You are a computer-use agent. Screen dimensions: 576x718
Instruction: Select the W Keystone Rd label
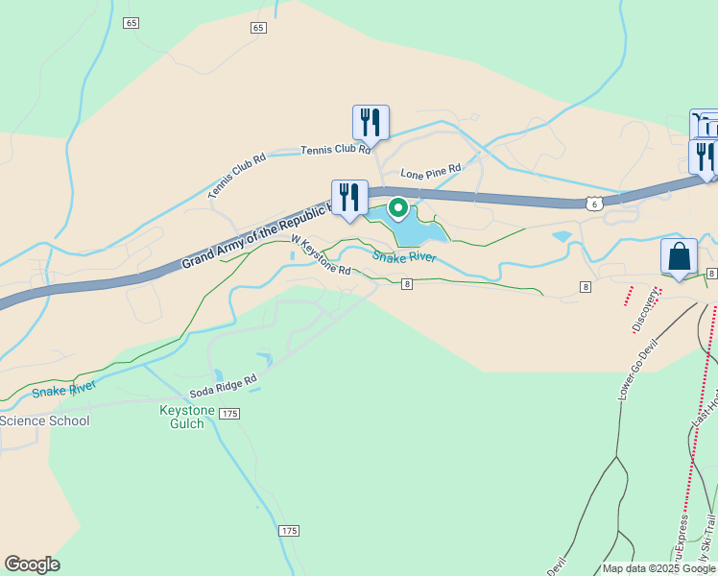coord(320,256)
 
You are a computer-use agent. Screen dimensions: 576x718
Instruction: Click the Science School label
coord(44,420)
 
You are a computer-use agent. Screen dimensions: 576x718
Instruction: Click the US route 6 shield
coord(595,204)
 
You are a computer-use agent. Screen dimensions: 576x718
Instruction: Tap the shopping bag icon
coord(679,256)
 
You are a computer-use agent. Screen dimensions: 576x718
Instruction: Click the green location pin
coord(396,207)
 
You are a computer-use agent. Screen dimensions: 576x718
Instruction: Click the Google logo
coord(32,564)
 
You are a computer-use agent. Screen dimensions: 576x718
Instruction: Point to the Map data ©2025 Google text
coord(658,569)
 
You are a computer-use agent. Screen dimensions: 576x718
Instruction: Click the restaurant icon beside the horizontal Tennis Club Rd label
coord(371,122)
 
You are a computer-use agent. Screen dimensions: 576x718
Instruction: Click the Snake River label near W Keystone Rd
coord(404,257)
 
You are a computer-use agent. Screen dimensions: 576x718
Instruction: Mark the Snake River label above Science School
coord(64,389)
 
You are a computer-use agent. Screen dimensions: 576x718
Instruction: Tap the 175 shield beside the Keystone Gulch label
coord(228,413)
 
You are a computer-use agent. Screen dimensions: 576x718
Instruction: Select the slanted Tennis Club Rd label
coord(236,177)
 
